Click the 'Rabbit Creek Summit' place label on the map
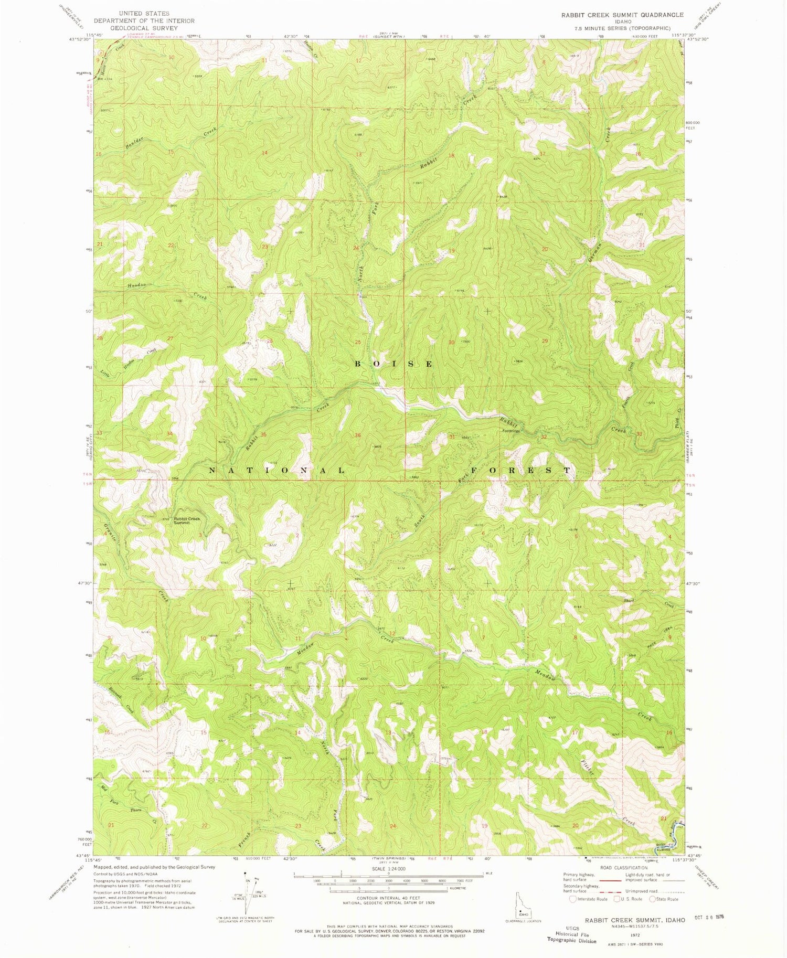[187, 520]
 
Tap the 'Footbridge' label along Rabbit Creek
[511, 432]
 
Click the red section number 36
[358, 435]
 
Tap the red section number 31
[452, 437]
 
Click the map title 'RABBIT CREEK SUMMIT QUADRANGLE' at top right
[622, 15]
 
